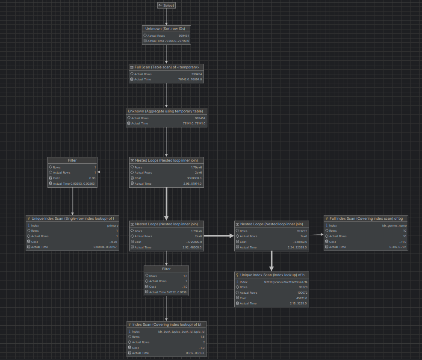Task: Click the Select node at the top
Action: [166, 6]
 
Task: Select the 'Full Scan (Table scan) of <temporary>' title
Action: [167, 67]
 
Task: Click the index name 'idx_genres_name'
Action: [394, 225]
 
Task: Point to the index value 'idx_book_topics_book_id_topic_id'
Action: [181, 331]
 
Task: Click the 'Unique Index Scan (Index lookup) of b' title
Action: [272, 274]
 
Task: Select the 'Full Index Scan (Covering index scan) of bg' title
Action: [366, 218]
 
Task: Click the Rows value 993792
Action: [302, 231]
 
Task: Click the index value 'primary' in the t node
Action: [112, 225]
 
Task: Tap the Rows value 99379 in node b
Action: [302, 287]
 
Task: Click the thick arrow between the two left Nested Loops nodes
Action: [166, 204]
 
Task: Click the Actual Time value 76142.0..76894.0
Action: [190, 80]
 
